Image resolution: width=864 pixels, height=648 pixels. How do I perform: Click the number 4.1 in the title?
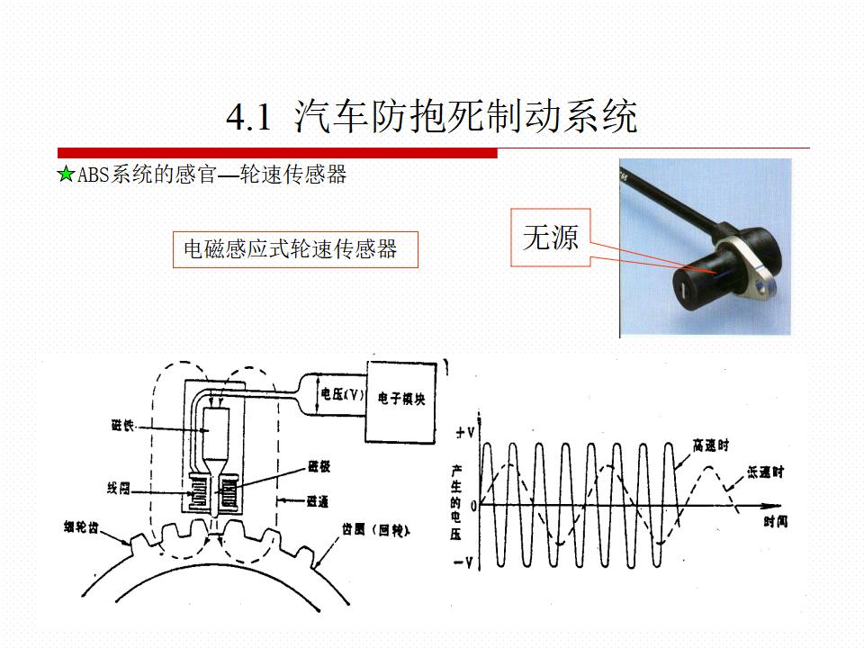click(x=248, y=118)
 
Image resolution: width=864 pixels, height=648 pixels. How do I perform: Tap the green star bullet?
click(x=66, y=175)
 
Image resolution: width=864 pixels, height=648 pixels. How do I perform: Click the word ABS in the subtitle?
click(x=94, y=175)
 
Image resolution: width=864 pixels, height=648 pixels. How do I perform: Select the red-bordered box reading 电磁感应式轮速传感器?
click(x=296, y=249)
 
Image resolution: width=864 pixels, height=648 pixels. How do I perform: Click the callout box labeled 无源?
click(x=551, y=238)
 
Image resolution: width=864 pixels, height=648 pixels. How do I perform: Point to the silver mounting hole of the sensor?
click(x=764, y=288)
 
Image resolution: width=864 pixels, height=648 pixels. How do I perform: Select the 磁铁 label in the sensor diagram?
click(x=121, y=427)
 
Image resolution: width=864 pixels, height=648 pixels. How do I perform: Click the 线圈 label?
click(x=118, y=489)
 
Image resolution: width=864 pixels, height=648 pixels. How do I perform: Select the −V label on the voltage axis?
click(x=464, y=562)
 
